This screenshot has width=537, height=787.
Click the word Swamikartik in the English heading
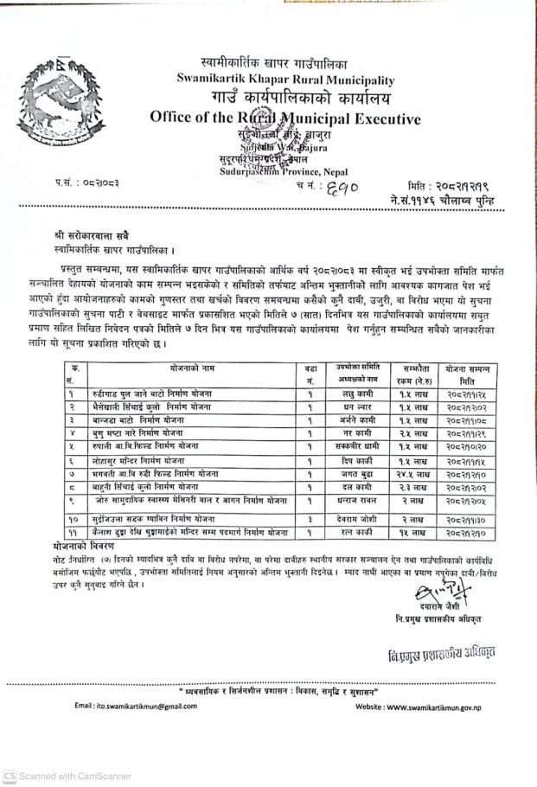click(x=210, y=80)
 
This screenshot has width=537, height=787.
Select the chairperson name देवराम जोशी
click(x=354, y=517)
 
